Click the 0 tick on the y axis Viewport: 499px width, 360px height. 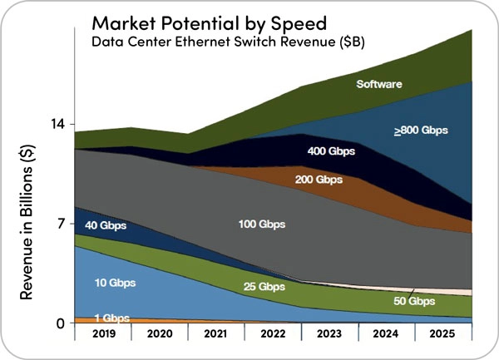click(61, 323)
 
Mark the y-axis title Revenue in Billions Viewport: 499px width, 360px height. click(27, 223)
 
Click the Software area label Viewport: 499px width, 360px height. click(379, 84)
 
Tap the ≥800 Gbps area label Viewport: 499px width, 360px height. click(420, 131)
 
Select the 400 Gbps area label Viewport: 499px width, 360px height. click(332, 151)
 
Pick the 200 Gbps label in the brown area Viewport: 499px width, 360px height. click(319, 180)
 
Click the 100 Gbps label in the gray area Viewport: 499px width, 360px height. click(261, 224)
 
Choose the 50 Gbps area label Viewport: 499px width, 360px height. click(413, 301)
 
